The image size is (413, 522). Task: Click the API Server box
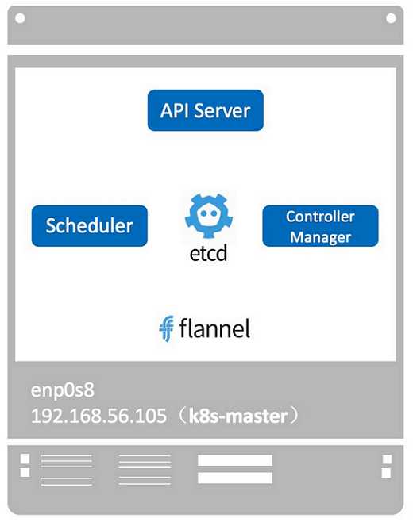tap(206, 110)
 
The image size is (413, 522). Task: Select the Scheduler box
tap(89, 226)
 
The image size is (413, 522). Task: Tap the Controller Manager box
tap(320, 226)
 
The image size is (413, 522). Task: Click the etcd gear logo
tap(209, 216)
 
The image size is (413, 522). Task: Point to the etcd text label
tap(208, 253)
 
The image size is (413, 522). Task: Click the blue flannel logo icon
tap(166, 328)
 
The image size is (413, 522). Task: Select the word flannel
tap(214, 328)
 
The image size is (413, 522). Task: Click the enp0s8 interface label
tap(62, 390)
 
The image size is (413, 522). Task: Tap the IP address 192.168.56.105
tap(98, 416)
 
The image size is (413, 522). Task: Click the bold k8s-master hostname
tap(238, 416)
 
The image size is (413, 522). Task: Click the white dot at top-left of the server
tap(20, 18)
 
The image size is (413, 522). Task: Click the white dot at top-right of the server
tap(391, 18)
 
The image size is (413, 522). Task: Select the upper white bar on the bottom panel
tap(235, 460)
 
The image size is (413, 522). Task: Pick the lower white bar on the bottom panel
tap(235, 478)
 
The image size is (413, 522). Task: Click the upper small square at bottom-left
tap(25, 459)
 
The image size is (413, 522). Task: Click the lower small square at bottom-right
tap(386, 473)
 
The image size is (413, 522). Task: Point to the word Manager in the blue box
tap(320, 237)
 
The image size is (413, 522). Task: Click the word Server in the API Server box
tap(222, 110)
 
